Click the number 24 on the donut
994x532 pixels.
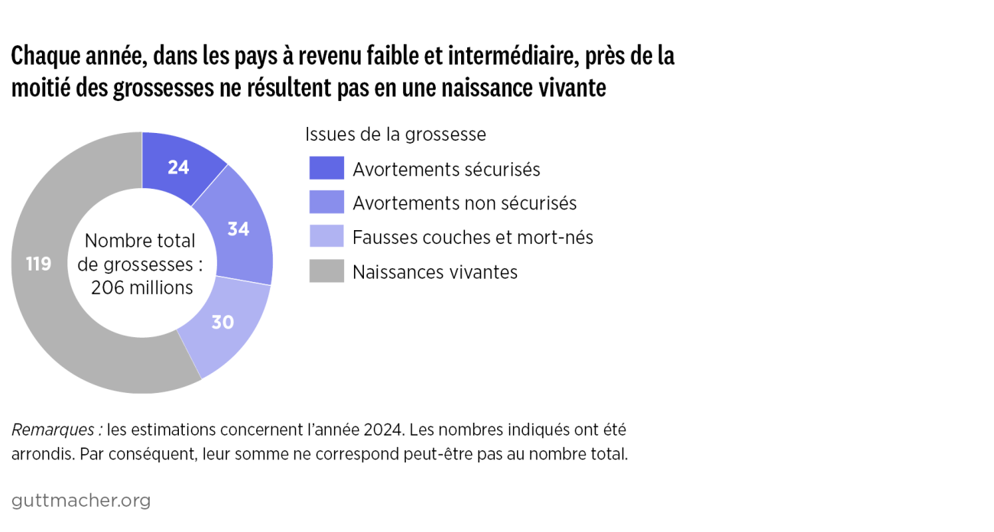(x=178, y=167)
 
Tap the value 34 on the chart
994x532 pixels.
(x=239, y=229)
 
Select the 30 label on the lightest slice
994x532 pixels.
(x=222, y=323)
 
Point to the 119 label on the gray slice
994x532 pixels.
(x=38, y=264)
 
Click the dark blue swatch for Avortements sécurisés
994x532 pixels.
(x=326, y=169)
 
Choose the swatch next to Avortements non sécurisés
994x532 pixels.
(x=326, y=203)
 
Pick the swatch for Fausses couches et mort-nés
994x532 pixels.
(x=326, y=237)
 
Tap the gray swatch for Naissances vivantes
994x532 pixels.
(x=326, y=271)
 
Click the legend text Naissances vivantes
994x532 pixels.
(x=435, y=272)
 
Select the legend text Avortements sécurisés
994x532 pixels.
(x=447, y=169)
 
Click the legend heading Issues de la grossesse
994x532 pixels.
(x=395, y=135)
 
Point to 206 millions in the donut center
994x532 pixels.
(x=141, y=287)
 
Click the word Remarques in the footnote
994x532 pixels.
(x=55, y=429)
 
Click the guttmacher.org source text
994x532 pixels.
(x=81, y=501)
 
